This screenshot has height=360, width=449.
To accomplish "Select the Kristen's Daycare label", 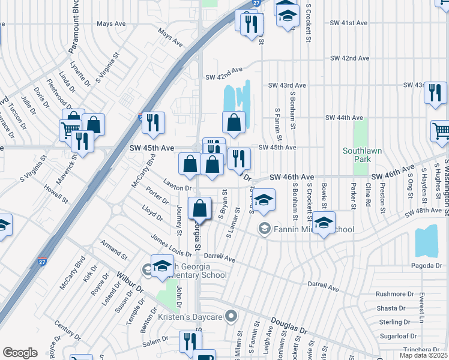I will tap(190, 316).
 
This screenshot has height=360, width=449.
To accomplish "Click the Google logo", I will tap(20, 353).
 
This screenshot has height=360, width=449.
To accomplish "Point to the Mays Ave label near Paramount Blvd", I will tap(111, 24).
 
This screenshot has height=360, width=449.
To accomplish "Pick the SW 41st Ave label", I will tap(348, 23).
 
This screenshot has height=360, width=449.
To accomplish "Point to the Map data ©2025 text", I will tap(423, 355).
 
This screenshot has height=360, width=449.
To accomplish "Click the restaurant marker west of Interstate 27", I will tap(82, 141).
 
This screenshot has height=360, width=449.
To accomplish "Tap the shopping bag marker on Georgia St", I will tap(200, 209).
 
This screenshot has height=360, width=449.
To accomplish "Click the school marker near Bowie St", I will tap(324, 223).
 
